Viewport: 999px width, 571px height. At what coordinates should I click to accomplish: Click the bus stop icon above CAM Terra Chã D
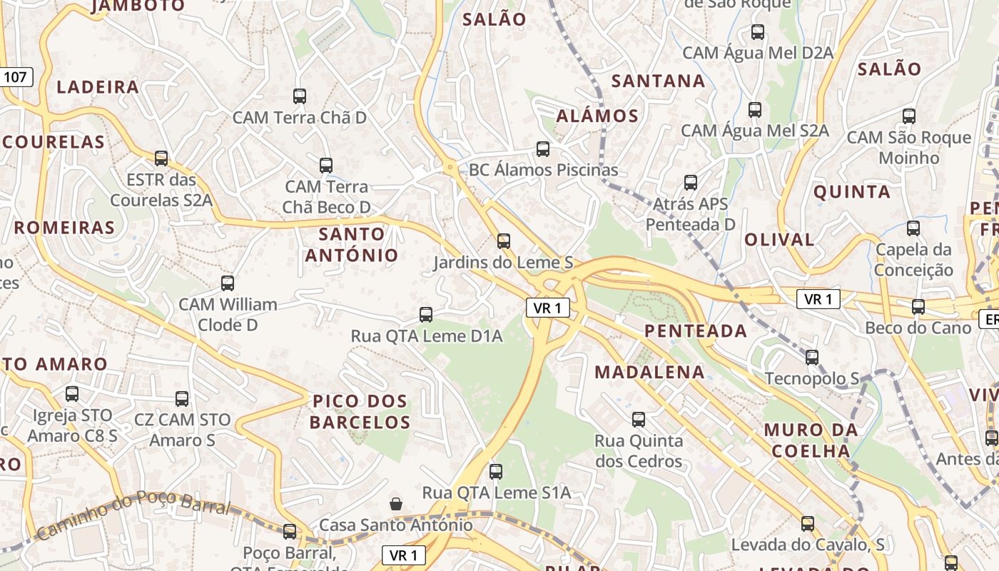pyautogui.click(x=300, y=96)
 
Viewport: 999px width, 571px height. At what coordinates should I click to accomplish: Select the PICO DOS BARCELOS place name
pyautogui.click(x=360, y=412)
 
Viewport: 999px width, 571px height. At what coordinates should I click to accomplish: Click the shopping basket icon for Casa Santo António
pyautogui.click(x=396, y=505)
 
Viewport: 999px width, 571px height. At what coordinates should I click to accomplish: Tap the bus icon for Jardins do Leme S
pyautogui.click(x=504, y=241)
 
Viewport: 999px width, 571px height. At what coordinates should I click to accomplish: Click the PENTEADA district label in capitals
pyautogui.click(x=696, y=331)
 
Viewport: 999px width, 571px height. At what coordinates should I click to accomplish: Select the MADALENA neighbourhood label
pyautogui.click(x=649, y=372)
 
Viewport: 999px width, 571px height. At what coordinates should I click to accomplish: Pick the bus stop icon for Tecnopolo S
pyautogui.click(x=812, y=358)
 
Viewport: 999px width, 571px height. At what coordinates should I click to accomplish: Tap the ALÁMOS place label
pyautogui.click(x=597, y=116)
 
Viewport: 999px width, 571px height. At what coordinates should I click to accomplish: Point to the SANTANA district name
pyautogui.click(x=658, y=81)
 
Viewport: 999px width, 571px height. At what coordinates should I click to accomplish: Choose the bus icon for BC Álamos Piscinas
pyautogui.click(x=543, y=149)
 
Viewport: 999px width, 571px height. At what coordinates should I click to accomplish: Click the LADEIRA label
pyautogui.click(x=98, y=87)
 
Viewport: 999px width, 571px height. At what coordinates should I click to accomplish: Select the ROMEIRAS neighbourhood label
pyautogui.click(x=64, y=228)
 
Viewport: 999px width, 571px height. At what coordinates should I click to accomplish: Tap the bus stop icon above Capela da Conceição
pyautogui.click(x=913, y=228)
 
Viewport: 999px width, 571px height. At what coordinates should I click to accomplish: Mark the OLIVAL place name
pyautogui.click(x=779, y=240)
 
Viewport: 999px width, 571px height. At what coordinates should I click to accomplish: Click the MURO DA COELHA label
pyautogui.click(x=811, y=440)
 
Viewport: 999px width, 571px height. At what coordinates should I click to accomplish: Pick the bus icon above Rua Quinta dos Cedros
pyautogui.click(x=639, y=420)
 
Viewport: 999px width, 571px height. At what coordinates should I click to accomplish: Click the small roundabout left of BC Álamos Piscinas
pyautogui.click(x=450, y=168)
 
